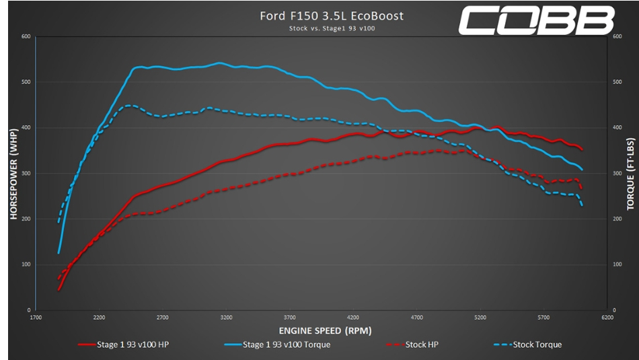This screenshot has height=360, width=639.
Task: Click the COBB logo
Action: (537, 20)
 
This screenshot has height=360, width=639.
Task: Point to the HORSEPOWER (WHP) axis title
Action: (13, 173)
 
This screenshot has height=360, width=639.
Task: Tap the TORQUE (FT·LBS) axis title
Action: (630, 173)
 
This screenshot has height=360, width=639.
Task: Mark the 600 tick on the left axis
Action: (26, 36)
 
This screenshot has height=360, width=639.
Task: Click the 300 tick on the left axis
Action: (26, 174)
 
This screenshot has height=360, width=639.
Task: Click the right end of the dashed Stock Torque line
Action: (582, 205)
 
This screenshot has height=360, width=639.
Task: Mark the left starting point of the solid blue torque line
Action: (59, 253)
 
